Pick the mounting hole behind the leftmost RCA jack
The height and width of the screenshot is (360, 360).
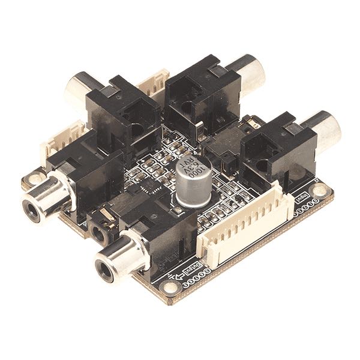coord(35,178)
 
